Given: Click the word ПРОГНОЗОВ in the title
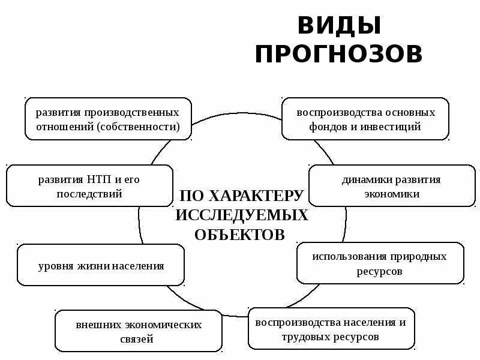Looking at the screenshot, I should pyautogui.click(x=339, y=54).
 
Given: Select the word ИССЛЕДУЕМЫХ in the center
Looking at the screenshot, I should pyautogui.click(x=242, y=215).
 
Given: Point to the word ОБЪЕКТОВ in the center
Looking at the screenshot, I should pyautogui.click(x=239, y=235).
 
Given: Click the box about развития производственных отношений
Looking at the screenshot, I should pyautogui.click(x=108, y=119).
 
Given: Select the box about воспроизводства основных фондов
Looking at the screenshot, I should pyautogui.click(x=365, y=119).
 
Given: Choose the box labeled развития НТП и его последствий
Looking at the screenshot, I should pyautogui.click(x=89, y=186).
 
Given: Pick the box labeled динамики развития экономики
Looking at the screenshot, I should pyautogui.click(x=391, y=186).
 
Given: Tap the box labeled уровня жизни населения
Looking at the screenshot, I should pyautogui.click(x=101, y=265).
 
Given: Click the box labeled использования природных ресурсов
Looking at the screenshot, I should pyautogui.click(x=380, y=263).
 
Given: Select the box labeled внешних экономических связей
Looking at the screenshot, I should pyautogui.click(x=139, y=331).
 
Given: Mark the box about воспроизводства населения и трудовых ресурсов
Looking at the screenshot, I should pyautogui.click(x=331, y=329).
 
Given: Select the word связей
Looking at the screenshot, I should pyautogui.click(x=139, y=339).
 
